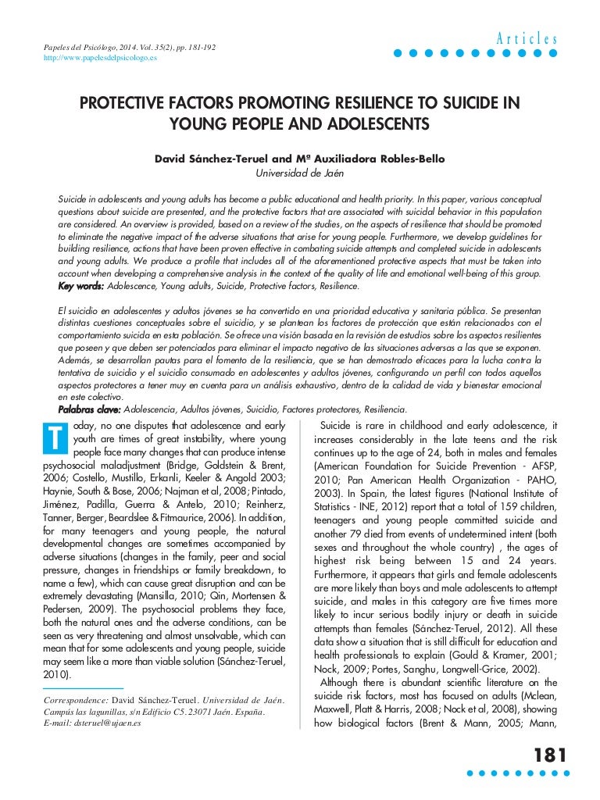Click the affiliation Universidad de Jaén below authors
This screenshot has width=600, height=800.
(300, 173)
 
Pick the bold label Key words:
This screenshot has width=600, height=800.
(81, 287)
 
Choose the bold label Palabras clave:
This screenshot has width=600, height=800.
(90, 409)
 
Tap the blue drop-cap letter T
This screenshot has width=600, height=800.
(51, 440)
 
